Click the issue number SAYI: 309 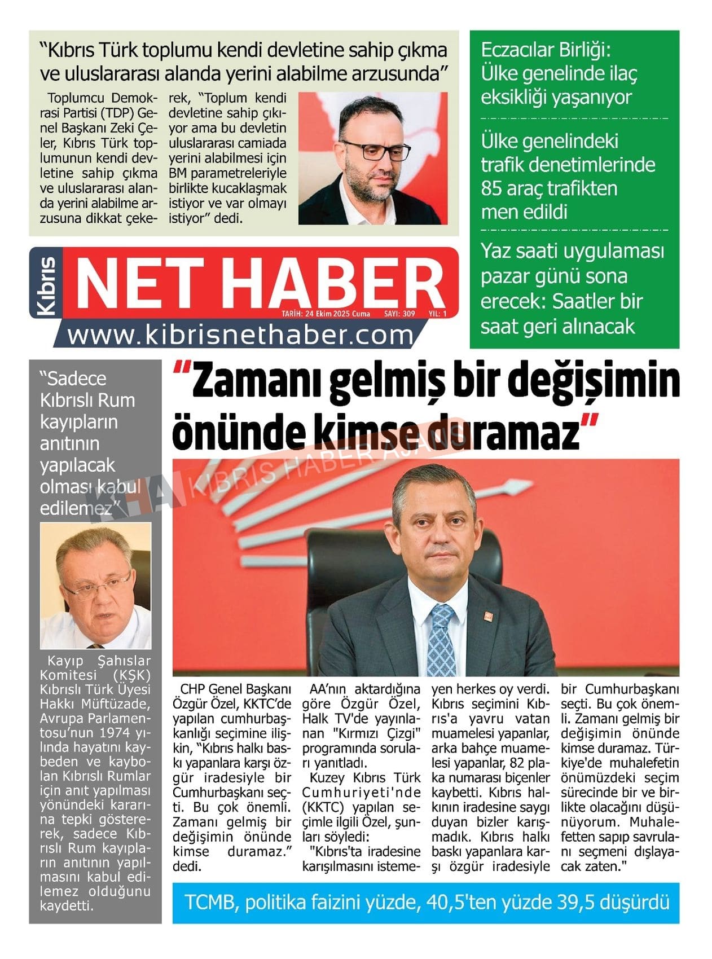[x=399, y=314]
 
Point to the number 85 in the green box [x=493, y=188]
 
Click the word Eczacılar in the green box [x=517, y=50]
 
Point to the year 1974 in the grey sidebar [x=115, y=734]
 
